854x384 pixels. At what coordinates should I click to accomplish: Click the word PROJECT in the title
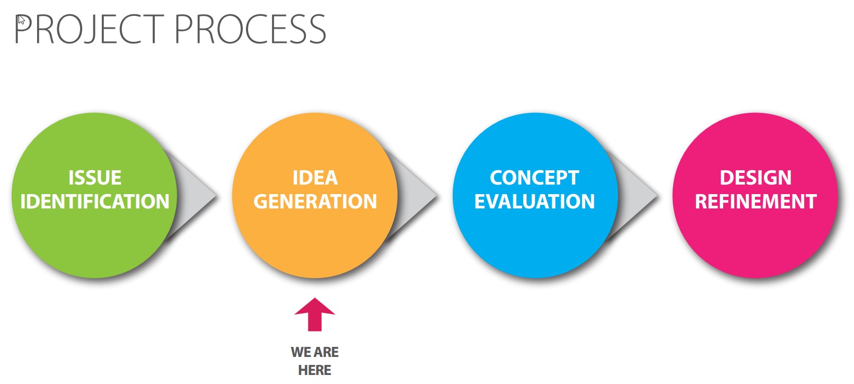click(89, 29)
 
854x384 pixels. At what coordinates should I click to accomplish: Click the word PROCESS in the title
click(250, 29)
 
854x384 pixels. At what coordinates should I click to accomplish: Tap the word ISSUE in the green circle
click(95, 178)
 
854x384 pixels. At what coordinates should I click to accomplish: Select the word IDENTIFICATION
click(95, 202)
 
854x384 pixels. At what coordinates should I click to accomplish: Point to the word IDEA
click(315, 178)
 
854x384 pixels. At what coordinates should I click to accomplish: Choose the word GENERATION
click(315, 202)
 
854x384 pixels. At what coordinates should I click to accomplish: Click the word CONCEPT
click(534, 178)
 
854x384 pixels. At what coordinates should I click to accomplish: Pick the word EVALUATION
click(534, 202)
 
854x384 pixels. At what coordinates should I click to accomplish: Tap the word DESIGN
click(755, 178)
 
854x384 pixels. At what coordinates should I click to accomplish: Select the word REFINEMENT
click(755, 202)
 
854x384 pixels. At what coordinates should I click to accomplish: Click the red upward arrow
click(315, 314)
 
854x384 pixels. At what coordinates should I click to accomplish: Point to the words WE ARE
click(315, 352)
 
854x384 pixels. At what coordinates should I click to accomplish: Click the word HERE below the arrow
click(315, 370)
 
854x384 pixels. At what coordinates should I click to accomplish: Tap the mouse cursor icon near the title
click(21, 20)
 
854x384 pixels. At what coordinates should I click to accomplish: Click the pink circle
click(755, 195)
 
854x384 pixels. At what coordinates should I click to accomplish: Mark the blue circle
click(535, 195)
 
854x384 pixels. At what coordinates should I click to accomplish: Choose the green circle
click(94, 195)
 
